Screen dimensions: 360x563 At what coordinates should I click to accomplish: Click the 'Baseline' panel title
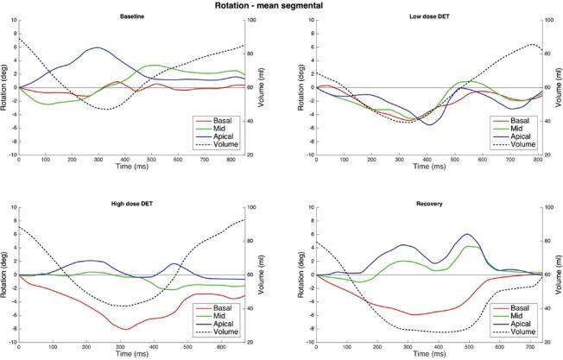(132, 16)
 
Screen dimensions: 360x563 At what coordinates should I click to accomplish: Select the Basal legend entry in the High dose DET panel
(227, 309)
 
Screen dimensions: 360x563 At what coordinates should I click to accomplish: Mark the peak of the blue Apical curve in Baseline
(98, 47)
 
